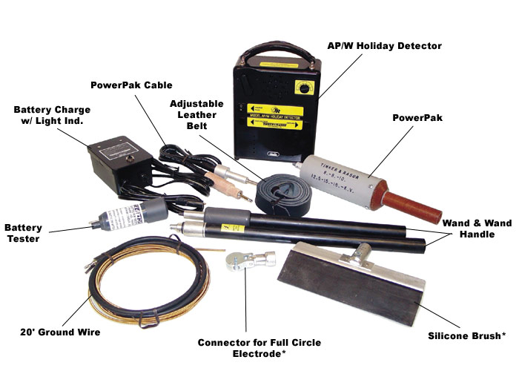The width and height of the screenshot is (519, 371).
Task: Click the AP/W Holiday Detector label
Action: (x=385, y=46)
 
